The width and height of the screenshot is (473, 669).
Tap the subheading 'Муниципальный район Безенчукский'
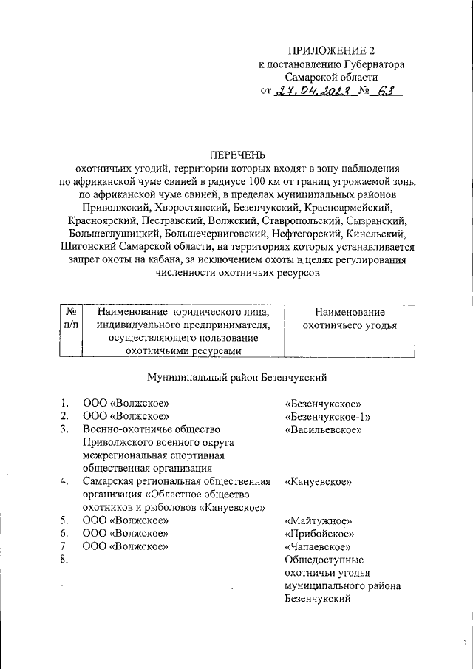pos(236,377)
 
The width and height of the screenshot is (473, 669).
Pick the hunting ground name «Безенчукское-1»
pos(327,416)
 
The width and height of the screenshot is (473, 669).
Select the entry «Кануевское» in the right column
pos(318,482)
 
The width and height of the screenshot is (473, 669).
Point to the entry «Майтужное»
pos(318,520)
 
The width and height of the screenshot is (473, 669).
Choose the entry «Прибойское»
pos(319,534)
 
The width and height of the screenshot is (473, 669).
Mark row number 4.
pos(65,482)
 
